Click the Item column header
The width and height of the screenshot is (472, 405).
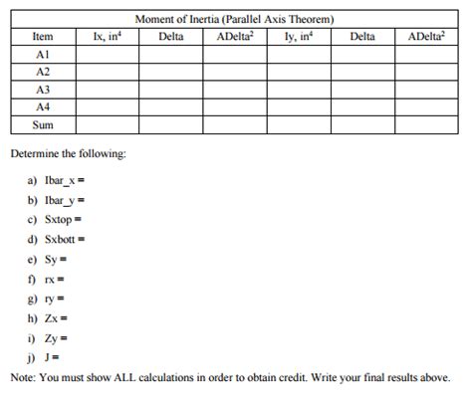[x=42, y=37]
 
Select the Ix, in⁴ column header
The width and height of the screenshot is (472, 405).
[x=107, y=37]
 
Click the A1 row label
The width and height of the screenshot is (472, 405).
[x=42, y=54]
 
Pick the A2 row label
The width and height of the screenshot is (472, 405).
[x=42, y=72]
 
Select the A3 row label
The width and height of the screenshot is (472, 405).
[x=42, y=90]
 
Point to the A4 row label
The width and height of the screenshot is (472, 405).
[x=42, y=106]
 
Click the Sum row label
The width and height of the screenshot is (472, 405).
[x=42, y=124]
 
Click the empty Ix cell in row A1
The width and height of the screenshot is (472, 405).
[x=107, y=54]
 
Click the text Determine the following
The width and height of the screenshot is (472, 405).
[x=68, y=155]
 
